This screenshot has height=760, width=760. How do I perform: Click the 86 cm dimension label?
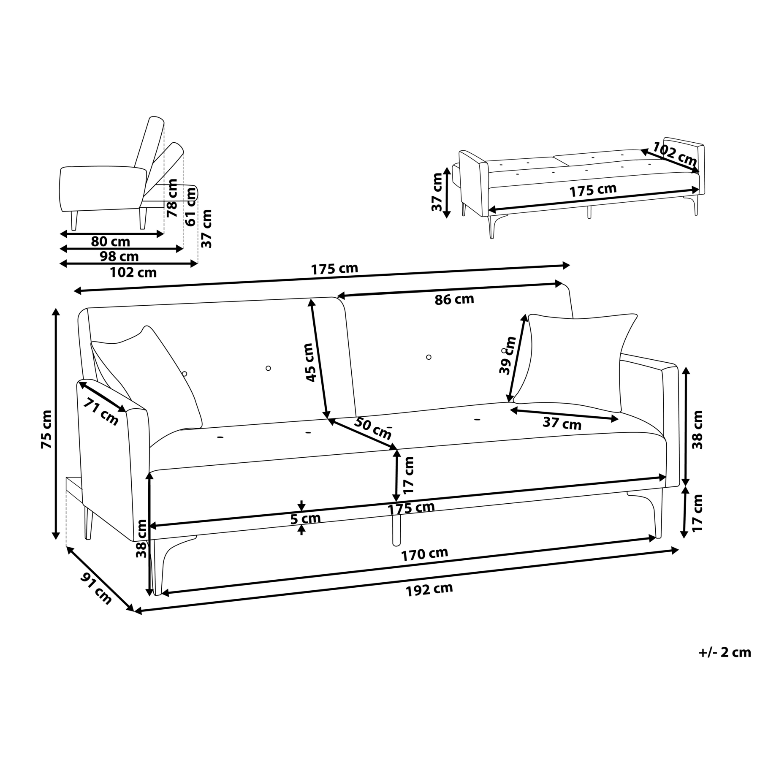tap(454, 299)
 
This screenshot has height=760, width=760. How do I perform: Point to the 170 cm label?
tap(424, 554)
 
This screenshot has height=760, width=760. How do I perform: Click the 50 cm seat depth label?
tap(372, 428)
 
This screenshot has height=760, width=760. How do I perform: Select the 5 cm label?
tap(305, 518)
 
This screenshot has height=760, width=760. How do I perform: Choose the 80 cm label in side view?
tap(110, 242)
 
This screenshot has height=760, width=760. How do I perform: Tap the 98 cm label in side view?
tap(119, 256)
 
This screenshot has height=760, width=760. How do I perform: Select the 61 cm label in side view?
tap(191, 206)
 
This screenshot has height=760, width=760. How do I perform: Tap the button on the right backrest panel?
tap(429, 357)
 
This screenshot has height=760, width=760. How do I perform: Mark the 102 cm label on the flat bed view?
tap(674, 154)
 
